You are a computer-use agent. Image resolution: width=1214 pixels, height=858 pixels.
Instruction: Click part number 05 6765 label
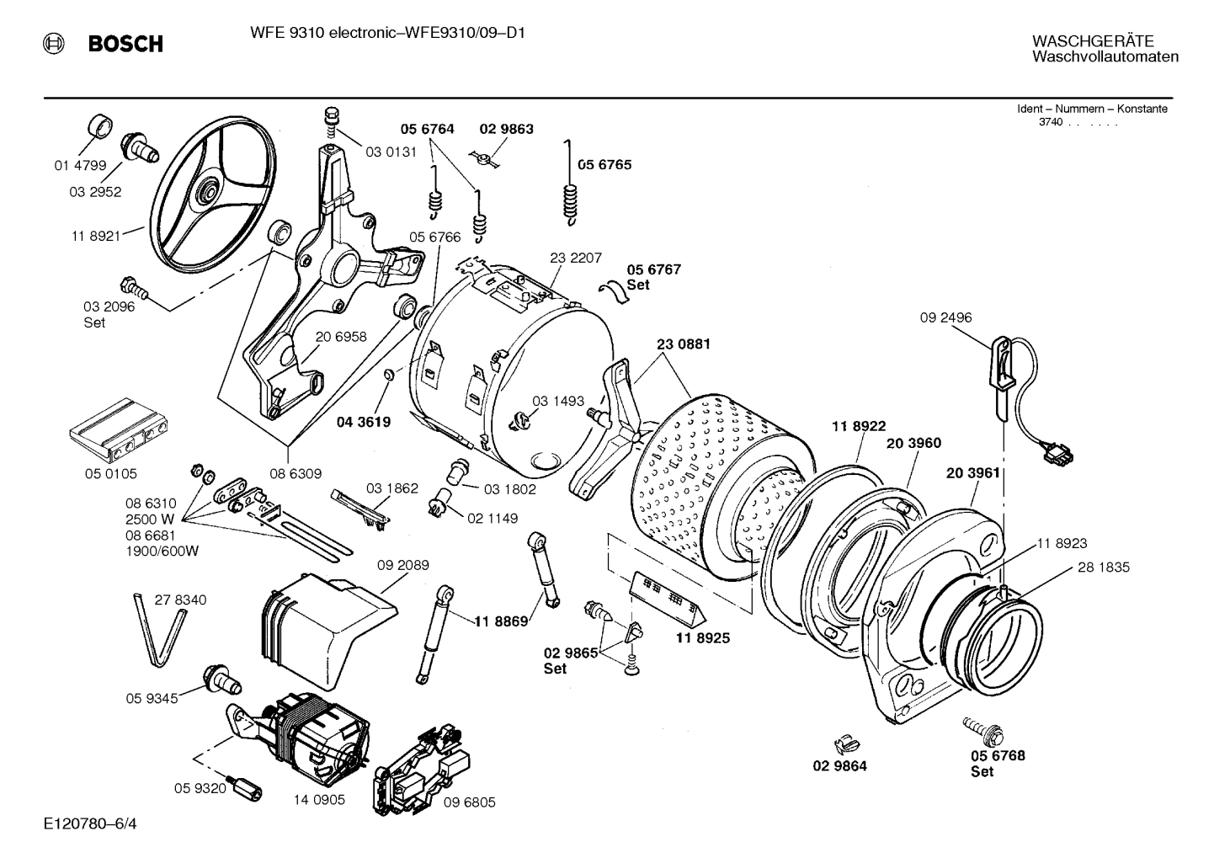tap(604, 165)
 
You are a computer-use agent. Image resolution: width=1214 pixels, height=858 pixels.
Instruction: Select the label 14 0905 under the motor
tap(319, 800)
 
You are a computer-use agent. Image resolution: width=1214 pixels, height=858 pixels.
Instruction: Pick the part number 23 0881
tap(683, 344)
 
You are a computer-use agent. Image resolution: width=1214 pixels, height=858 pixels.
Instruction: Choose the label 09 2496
tap(945, 317)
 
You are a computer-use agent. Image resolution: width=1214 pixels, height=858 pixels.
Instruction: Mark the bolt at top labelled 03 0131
tap(330, 120)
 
